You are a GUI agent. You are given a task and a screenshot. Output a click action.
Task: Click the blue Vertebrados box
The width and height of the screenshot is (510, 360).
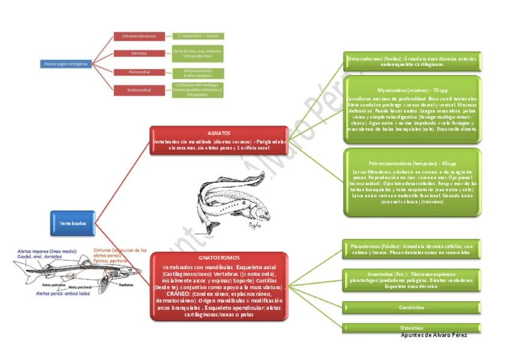[x=73, y=223]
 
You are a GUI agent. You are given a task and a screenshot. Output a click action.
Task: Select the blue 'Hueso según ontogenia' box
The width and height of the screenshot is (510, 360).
[x=66, y=64]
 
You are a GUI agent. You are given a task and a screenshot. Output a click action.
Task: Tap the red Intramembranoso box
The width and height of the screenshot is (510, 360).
[x=139, y=36]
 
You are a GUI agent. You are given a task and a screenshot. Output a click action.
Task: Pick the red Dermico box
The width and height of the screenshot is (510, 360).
[x=139, y=53]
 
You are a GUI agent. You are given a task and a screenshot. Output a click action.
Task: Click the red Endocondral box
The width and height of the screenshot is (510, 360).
[x=139, y=90]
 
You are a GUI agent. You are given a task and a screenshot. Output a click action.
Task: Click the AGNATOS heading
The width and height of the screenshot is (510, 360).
[x=218, y=132]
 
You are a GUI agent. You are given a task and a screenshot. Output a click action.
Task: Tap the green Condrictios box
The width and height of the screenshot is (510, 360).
[x=411, y=307]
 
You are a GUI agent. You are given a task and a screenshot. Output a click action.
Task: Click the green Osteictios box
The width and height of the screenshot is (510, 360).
[x=411, y=328]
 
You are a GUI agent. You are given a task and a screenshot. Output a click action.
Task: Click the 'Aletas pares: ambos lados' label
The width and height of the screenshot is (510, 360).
[x=63, y=294]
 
